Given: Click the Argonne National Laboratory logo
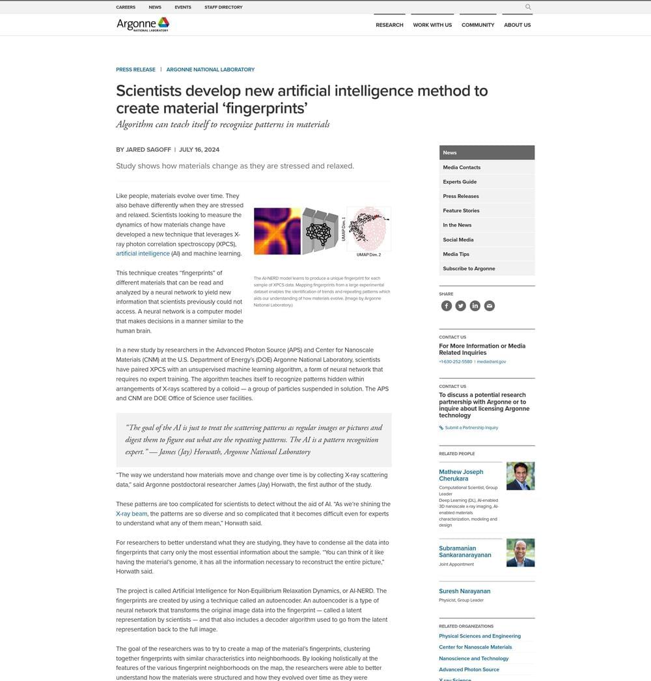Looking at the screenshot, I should (143, 25).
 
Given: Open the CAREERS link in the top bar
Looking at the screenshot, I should (126, 7).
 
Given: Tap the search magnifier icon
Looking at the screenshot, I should (528, 7).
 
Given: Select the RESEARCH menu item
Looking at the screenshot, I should (389, 25).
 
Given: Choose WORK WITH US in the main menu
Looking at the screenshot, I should (432, 25).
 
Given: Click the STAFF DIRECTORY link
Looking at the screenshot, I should (223, 7).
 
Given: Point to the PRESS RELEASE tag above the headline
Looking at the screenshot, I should (135, 70).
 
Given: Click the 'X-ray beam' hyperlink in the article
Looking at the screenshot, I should (132, 514).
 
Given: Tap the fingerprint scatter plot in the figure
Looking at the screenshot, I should (368, 229).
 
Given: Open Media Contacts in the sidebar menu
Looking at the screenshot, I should (462, 167).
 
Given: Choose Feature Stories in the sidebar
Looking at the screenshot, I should (461, 210).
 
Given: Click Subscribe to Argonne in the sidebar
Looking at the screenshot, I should (469, 268).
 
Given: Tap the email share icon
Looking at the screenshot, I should (490, 306).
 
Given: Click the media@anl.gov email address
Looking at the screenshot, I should (492, 361).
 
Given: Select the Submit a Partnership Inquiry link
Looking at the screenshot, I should (471, 428).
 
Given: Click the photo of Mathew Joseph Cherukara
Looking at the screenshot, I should (520, 476).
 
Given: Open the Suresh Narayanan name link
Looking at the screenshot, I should (464, 591).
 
